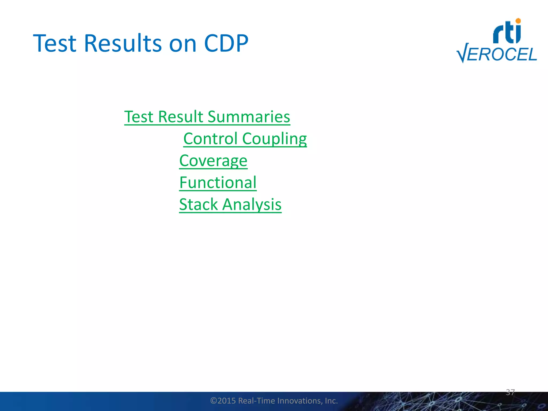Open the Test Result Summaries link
[x=207, y=117]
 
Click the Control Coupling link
[x=245, y=139]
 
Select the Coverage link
[x=213, y=161]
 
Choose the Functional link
[x=218, y=182]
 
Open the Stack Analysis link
[x=230, y=204]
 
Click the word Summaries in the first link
[x=249, y=117]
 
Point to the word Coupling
[x=274, y=139]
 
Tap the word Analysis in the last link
[x=252, y=204]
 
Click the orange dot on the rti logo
[x=518, y=21]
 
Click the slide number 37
[x=510, y=392]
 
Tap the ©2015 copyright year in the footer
[x=223, y=401]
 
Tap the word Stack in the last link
[x=198, y=204]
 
